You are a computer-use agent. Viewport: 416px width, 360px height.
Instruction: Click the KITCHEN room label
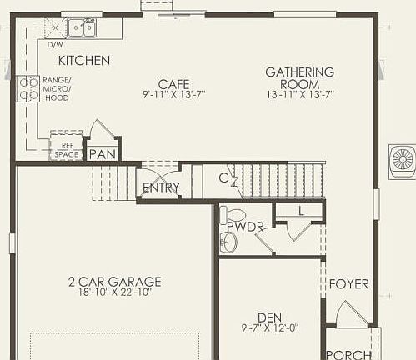(x=83, y=61)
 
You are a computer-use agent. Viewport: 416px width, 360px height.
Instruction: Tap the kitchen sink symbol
(x=81, y=28)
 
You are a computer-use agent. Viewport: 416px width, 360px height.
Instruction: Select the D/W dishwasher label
(x=56, y=45)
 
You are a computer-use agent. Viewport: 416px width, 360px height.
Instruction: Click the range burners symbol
(x=28, y=87)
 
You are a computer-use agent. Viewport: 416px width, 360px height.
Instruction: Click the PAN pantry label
(x=103, y=154)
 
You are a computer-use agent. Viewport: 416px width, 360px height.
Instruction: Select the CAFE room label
(x=173, y=84)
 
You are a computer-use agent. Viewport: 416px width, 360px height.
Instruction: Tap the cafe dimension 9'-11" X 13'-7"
(x=173, y=95)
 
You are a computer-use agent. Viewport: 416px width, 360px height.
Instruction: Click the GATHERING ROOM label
(x=299, y=78)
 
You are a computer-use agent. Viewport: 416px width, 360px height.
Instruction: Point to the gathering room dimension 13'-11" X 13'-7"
(x=299, y=95)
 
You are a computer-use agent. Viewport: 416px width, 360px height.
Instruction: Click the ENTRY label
(x=161, y=187)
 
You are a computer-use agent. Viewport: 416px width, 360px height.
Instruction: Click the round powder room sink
(x=229, y=242)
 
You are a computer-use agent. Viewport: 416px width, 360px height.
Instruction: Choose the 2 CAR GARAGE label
(x=114, y=282)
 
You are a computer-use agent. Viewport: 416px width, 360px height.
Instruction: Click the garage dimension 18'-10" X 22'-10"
(x=114, y=292)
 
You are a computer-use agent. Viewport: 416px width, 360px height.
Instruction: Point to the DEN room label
(x=268, y=317)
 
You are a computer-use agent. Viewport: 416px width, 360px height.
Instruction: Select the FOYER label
(x=348, y=284)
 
